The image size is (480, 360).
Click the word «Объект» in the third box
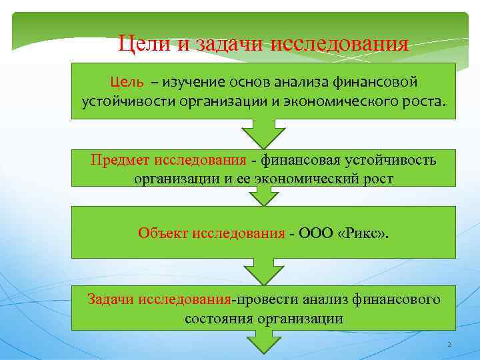[163, 232]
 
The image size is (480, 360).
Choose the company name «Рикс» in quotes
[360, 232]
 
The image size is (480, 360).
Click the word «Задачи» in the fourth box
[111, 299]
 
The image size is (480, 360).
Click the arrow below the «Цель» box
[263, 133]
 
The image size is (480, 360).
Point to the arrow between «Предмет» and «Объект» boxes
[263, 195]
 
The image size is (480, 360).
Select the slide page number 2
[449, 345]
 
